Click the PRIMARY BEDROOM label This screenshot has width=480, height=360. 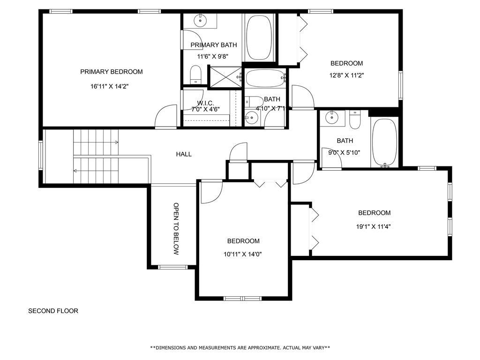[x=111, y=72]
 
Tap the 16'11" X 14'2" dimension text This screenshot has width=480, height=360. [x=111, y=86]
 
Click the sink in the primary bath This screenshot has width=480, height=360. [x=201, y=20]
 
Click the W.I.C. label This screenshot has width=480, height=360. [x=205, y=103]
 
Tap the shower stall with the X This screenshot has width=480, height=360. [x=225, y=76]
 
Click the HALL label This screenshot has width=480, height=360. [x=184, y=154]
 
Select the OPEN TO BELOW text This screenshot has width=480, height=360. [x=176, y=229]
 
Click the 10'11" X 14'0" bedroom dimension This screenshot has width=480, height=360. [x=243, y=255]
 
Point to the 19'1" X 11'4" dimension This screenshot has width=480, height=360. [x=374, y=226]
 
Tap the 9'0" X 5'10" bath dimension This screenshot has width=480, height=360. [x=345, y=152]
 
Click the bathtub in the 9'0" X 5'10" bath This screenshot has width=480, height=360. [x=384, y=142]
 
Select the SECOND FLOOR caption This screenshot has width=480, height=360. [x=53, y=311]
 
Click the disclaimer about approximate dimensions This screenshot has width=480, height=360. [x=240, y=348]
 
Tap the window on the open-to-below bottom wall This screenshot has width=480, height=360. [x=172, y=268]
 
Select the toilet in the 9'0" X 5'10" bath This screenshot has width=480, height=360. [x=355, y=121]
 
